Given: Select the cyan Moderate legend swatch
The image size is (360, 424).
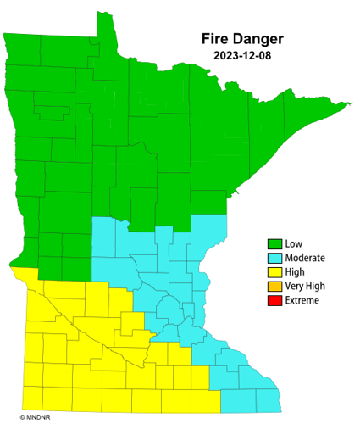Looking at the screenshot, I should point(274,258).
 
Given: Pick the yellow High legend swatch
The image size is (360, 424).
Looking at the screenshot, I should point(274,272).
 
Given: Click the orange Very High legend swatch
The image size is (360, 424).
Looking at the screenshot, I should point(274,287).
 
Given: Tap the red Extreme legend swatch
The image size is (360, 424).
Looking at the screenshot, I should point(274,301).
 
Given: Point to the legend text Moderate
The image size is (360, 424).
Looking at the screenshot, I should point(305,258).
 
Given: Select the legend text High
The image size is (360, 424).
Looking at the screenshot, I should point(296,272).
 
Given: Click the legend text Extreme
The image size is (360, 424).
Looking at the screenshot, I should point(302,301).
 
